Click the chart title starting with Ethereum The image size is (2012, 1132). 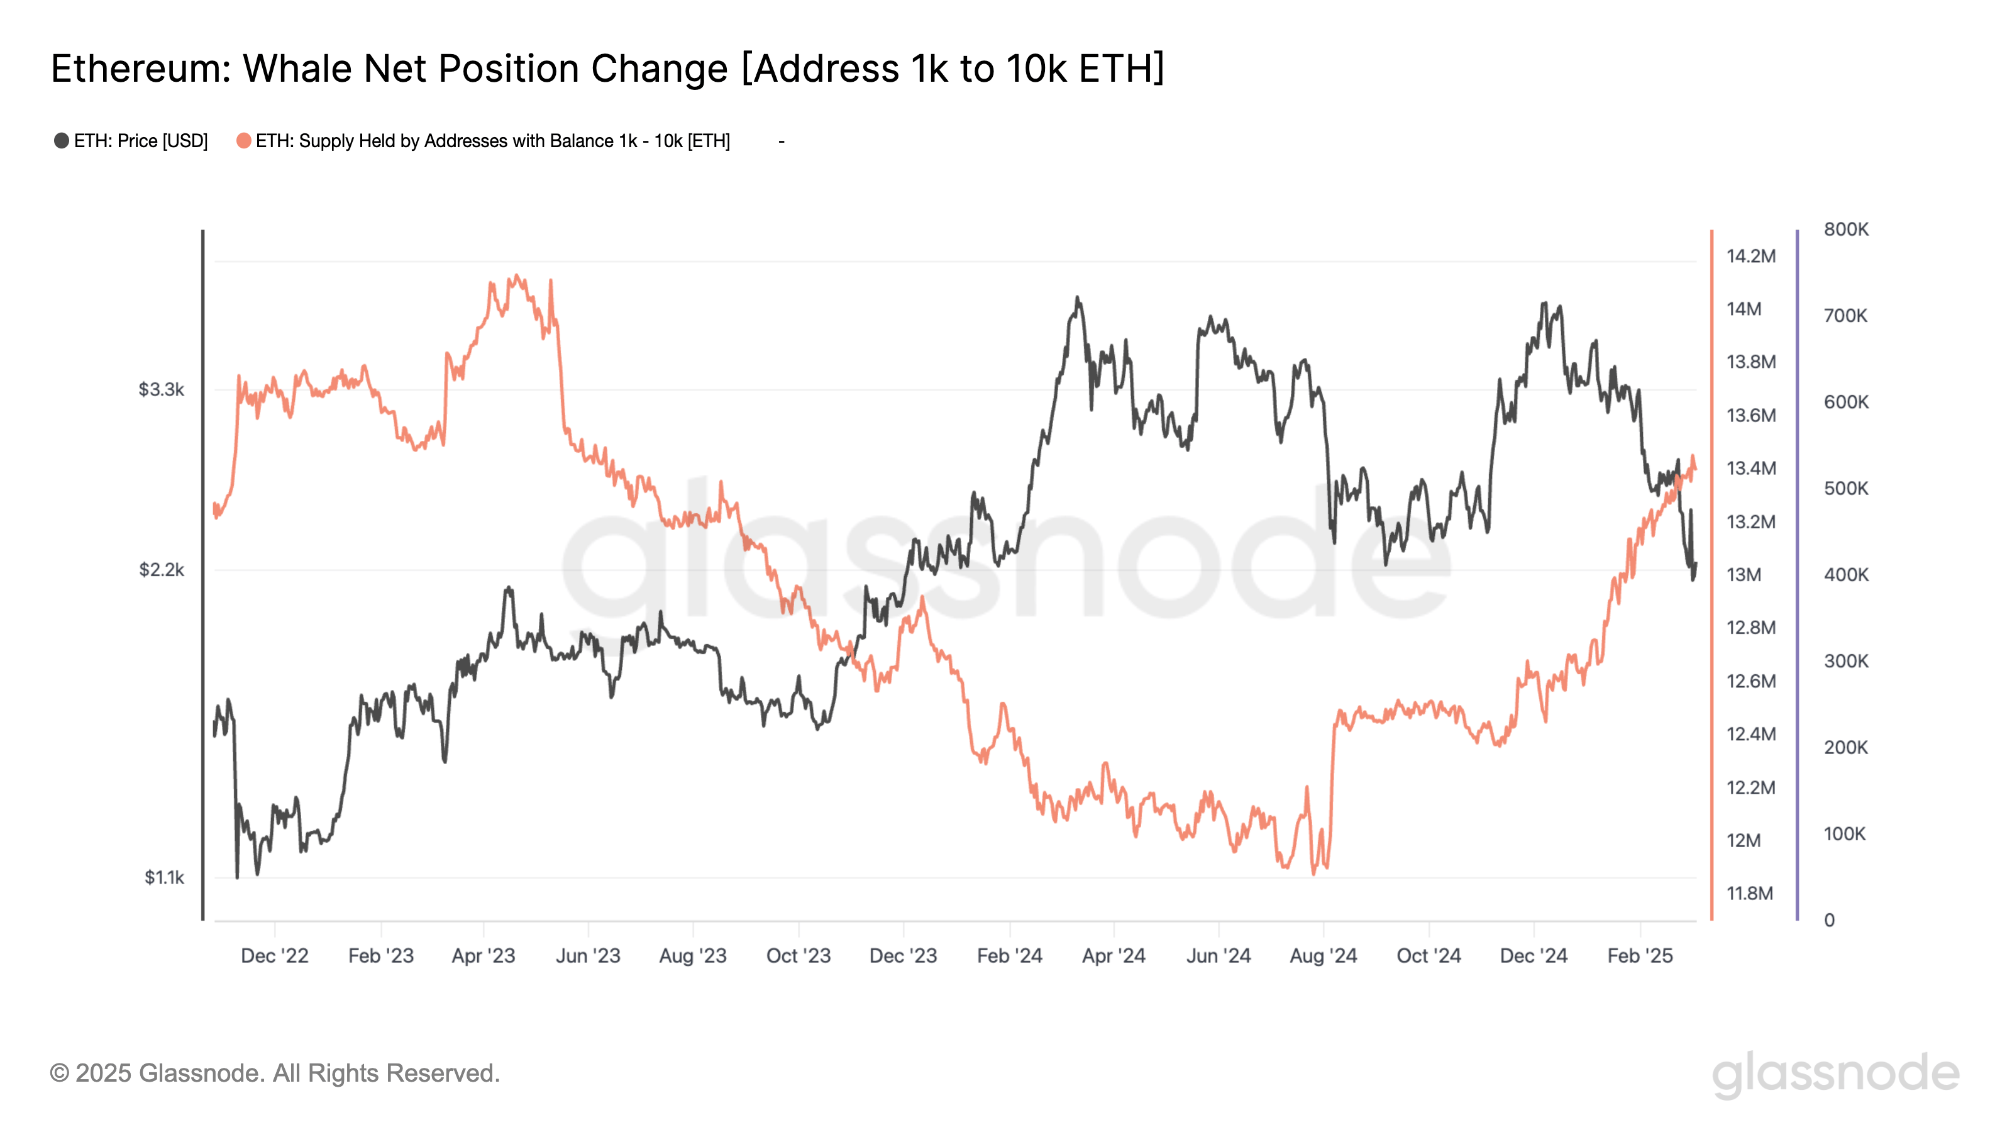tap(607, 69)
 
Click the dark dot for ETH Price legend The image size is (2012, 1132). tap(61, 141)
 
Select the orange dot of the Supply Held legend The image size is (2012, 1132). tap(244, 141)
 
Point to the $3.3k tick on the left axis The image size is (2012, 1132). tap(161, 389)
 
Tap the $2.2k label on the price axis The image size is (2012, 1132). tap(161, 570)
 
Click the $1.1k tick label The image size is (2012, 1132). tap(163, 877)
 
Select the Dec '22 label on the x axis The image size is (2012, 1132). tap(274, 955)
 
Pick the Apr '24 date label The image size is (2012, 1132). tap(1113, 955)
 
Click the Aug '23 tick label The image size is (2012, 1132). tap(692, 955)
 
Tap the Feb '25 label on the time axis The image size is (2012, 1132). tap(1639, 955)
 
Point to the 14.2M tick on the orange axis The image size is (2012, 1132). tap(1750, 256)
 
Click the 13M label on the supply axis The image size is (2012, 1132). tap(1744, 575)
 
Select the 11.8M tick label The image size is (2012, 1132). tap(1750, 893)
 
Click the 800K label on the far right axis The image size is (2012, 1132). tap(1845, 230)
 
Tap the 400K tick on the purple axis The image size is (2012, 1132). tap(1845, 575)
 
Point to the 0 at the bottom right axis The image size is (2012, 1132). tap(1829, 920)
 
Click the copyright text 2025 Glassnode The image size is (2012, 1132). tap(274, 1073)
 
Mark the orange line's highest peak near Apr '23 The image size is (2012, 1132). tap(517, 276)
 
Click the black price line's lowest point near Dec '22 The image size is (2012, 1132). tap(238, 877)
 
